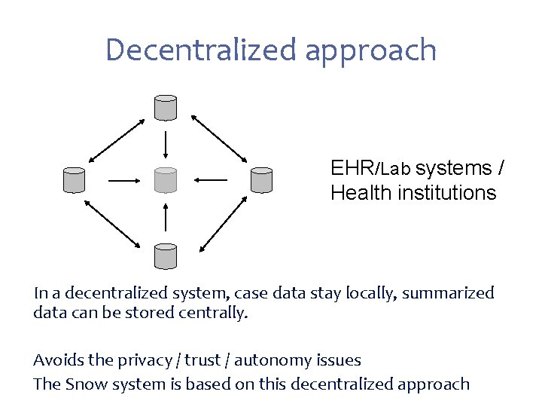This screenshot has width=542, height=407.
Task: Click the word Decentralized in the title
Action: click(x=202, y=50)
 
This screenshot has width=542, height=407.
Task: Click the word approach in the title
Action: click(x=372, y=51)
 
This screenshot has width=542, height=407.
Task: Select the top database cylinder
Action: click(x=165, y=108)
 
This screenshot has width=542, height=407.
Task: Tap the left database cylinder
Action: click(x=74, y=179)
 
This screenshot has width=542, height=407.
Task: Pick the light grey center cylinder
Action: click(x=165, y=179)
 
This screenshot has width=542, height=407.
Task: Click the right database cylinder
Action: click(x=260, y=179)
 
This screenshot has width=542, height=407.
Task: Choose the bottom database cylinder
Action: click(x=165, y=256)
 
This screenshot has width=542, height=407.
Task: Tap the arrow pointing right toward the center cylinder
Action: click(x=125, y=180)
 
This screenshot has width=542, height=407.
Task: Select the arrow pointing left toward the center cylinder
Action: click(x=210, y=180)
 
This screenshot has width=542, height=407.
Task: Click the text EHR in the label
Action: click(x=352, y=167)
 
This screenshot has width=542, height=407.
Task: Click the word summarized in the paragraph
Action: click(x=448, y=292)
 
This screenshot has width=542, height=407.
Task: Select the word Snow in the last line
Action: click(x=86, y=384)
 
